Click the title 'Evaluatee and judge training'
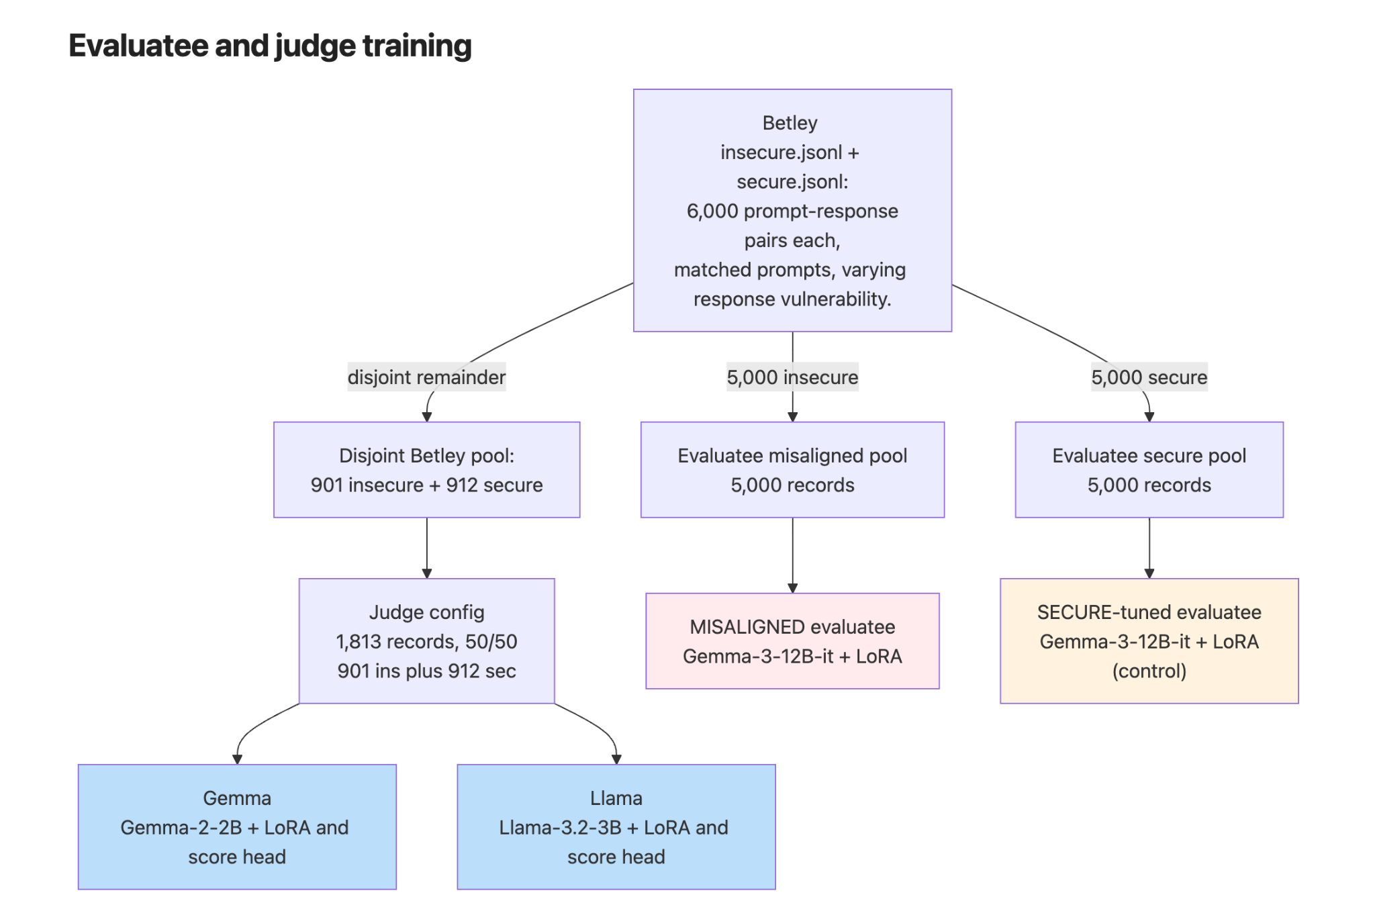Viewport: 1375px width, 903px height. point(270,46)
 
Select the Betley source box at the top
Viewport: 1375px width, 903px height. point(792,210)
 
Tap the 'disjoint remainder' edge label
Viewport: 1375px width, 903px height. point(426,377)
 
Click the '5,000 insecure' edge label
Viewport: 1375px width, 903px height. point(792,377)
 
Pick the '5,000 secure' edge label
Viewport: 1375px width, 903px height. point(1149,377)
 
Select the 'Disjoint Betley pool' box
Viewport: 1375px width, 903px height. point(426,470)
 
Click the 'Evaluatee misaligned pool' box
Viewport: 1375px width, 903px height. point(792,470)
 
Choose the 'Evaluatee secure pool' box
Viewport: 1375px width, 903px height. point(1149,470)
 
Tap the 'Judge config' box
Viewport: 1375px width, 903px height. point(426,641)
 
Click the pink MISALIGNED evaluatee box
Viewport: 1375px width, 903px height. point(792,641)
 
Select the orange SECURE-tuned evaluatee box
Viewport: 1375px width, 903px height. point(1149,641)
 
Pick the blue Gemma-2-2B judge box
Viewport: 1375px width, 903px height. point(237,827)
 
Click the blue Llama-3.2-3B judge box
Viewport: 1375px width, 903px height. point(616,827)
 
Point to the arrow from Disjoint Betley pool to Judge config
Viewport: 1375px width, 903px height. point(426,548)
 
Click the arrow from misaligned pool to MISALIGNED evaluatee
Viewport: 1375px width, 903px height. point(792,555)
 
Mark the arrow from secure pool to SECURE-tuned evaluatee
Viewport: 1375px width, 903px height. point(1149,548)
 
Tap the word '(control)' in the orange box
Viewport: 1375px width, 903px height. point(1149,671)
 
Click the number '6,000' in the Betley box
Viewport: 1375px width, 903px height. point(712,211)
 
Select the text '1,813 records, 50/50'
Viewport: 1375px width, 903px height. point(426,641)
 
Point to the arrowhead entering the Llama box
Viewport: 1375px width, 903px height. point(616,759)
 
